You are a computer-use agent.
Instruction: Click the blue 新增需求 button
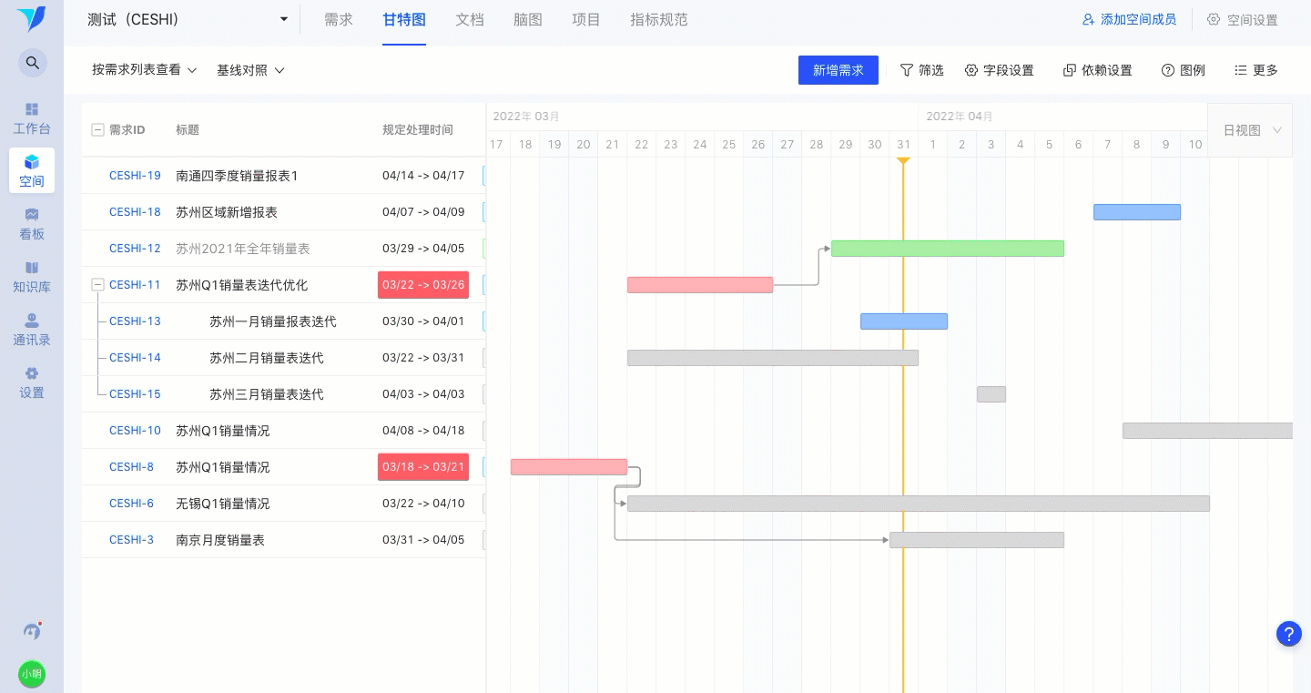click(838, 70)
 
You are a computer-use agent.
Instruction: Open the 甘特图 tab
click(404, 20)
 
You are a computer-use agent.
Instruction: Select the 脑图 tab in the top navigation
click(527, 20)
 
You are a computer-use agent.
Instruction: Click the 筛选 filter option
click(921, 70)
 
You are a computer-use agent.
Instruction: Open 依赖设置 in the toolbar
click(1097, 70)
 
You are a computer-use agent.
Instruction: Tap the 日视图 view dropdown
click(1252, 130)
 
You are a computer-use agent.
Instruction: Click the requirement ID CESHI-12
click(135, 249)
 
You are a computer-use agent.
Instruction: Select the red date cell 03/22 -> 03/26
click(423, 285)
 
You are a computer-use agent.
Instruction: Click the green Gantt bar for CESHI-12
click(948, 249)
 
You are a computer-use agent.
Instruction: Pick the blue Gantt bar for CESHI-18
click(1136, 212)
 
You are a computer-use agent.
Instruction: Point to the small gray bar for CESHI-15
click(991, 394)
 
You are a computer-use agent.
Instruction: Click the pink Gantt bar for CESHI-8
click(569, 467)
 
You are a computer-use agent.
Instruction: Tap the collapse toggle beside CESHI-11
click(97, 285)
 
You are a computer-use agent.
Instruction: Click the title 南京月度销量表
click(220, 540)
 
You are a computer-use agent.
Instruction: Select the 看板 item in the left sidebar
click(32, 224)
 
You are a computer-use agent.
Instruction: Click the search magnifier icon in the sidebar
click(32, 63)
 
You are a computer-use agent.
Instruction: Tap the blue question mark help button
click(1289, 633)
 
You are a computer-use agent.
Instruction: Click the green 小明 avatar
click(32, 674)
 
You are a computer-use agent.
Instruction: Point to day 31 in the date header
click(903, 145)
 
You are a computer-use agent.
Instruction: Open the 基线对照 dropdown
click(250, 70)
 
